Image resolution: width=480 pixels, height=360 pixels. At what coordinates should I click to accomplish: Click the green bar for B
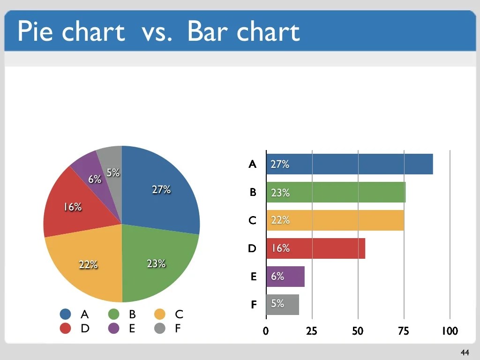[336, 192]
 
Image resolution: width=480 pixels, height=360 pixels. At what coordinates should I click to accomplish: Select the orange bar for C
[335, 220]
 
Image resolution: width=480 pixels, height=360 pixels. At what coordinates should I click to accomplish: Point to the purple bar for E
[285, 276]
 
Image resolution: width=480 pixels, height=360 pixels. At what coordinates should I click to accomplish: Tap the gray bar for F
[283, 304]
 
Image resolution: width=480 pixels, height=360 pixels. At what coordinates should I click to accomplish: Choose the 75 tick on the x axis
[404, 331]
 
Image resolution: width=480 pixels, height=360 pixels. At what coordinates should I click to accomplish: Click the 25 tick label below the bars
[312, 331]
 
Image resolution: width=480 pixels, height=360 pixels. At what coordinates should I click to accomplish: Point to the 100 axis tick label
[450, 331]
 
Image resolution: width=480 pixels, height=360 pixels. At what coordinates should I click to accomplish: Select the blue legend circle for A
[66, 314]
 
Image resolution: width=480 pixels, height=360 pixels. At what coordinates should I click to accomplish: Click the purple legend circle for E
[113, 328]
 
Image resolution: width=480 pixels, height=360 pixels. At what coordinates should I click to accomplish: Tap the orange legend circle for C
[160, 314]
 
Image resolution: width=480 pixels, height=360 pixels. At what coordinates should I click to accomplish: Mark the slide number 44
[465, 352]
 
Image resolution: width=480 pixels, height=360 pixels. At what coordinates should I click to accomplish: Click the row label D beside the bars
[252, 248]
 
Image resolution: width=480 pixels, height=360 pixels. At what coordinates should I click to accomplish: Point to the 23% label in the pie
[156, 263]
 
